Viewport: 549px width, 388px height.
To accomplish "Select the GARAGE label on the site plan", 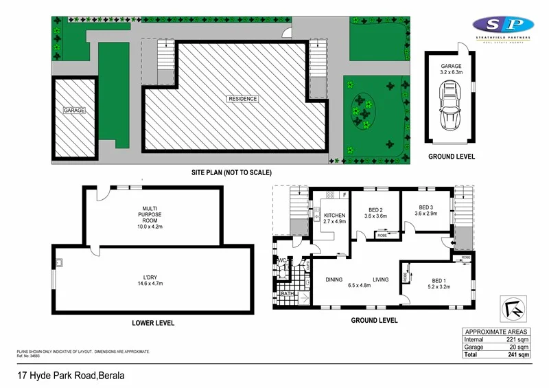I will (x=73, y=111).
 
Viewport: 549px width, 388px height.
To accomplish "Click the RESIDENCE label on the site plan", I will (x=243, y=99).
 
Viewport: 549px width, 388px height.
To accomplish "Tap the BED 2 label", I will (x=375, y=210).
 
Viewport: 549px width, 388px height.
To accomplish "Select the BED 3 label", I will (x=425, y=207).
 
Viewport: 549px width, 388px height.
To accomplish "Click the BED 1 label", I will (x=440, y=279).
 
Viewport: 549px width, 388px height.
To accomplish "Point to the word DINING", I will (x=334, y=279).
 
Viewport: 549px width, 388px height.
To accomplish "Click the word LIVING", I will (x=382, y=279).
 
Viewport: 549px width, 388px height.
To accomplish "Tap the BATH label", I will (x=287, y=295).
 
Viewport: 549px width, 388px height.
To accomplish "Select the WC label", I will (x=281, y=261).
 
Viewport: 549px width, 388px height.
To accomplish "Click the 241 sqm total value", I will (x=518, y=355).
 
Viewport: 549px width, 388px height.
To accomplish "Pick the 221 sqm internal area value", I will (x=518, y=339).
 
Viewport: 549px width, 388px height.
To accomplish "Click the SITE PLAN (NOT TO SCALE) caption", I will (x=231, y=172).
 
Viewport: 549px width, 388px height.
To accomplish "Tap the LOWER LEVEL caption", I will (x=152, y=323).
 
